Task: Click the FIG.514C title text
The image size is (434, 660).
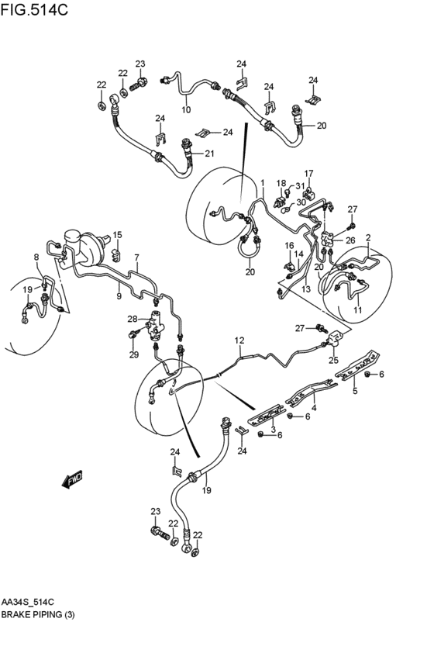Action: [34, 9]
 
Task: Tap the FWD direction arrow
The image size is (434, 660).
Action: [72, 479]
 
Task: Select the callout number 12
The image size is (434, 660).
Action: [239, 340]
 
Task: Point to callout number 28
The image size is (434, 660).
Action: [133, 319]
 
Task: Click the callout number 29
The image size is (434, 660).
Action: [134, 355]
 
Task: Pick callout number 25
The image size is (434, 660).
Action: [333, 360]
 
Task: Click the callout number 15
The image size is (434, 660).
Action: [117, 234]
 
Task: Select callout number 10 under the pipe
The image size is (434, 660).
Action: [186, 110]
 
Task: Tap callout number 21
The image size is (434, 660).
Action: [209, 154]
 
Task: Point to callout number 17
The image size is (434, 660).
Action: [308, 174]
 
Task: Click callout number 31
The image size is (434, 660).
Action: [299, 186]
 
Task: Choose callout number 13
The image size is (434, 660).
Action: [305, 289]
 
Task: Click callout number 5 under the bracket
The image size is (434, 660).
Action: [355, 391]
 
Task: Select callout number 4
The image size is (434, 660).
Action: [314, 408]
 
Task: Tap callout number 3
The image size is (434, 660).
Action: [274, 430]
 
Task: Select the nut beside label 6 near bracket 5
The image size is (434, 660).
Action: [367, 374]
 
